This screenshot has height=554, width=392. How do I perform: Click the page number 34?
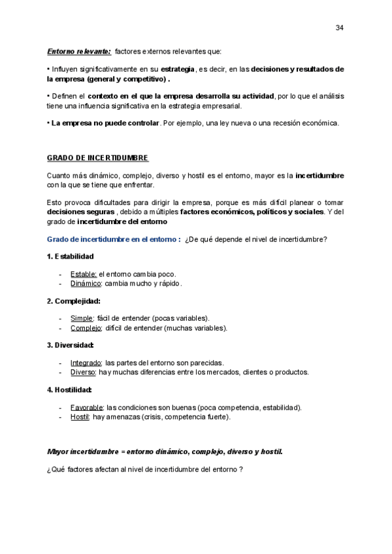[x=339, y=27]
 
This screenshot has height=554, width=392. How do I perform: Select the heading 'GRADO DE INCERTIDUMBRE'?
[x=97, y=158]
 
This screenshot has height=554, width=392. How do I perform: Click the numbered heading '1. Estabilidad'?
[x=71, y=255]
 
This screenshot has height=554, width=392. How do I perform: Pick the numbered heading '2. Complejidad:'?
[x=73, y=301]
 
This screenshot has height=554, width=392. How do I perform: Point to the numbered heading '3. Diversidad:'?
[x=71, y=345]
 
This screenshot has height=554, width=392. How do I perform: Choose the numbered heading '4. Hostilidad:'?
[x=70, y=389]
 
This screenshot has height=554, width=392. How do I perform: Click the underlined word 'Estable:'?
[x=83, y=274]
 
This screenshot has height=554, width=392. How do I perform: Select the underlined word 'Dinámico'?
[x=86, y=284]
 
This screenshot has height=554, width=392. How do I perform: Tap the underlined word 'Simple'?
[x=82, y=318]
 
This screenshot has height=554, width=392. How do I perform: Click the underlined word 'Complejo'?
[x=86, y=328]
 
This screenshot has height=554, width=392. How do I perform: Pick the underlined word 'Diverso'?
[x=83, y=372]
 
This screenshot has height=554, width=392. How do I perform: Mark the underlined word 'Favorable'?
[x=86, y=407]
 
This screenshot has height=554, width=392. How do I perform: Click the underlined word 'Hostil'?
[x=79, y=416]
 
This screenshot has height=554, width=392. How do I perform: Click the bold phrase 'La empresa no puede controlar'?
[x=105, y=123]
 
